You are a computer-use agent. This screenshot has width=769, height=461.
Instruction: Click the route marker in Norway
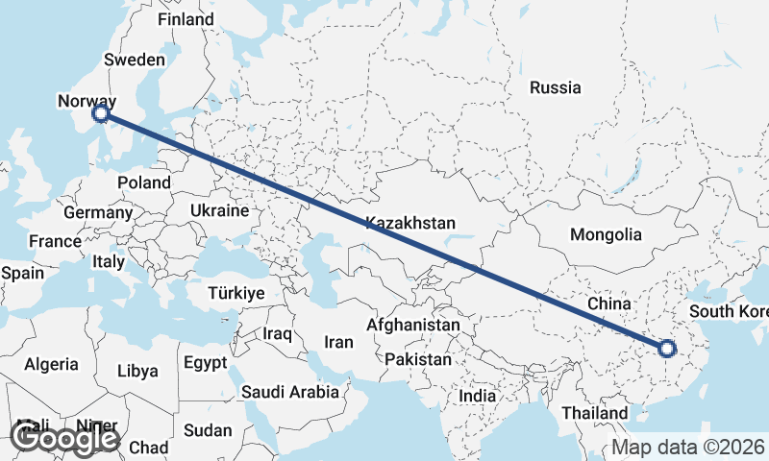coord(101,115)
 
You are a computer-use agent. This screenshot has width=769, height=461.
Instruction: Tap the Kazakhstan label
coord(409,223)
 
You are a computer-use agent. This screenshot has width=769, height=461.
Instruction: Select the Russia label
coord(556,87)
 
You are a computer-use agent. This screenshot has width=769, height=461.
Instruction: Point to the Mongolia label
coord(606,234)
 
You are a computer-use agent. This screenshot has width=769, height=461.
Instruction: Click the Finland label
coord(186,19)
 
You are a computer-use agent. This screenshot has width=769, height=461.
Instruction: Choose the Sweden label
coord(135,60)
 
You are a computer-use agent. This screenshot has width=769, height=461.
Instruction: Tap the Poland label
coord(143,182)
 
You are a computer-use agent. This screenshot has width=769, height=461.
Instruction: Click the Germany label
coord(98,212)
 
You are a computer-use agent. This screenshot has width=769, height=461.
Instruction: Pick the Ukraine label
coord(220,210)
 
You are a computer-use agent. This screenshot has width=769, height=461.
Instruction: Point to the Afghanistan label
coord(413,325)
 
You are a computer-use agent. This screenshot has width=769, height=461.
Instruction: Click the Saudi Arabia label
coord(290,392)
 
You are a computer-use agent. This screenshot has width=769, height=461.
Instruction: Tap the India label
coord(478,396)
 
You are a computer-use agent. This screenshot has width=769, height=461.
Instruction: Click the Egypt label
coord(205,363)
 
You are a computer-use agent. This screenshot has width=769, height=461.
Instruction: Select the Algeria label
coord(51,364)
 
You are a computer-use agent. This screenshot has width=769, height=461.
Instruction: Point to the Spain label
coord(22,273)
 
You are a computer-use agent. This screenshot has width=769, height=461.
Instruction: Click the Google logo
coord(65,438)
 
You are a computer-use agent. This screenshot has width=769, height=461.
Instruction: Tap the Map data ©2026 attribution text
coord(688,448)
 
